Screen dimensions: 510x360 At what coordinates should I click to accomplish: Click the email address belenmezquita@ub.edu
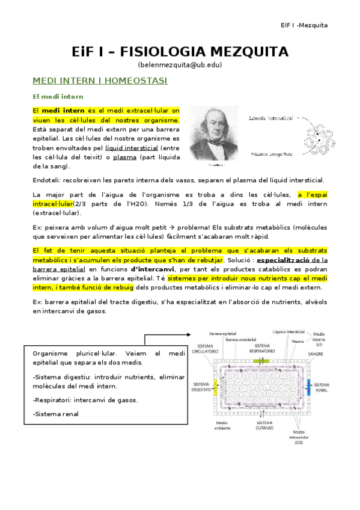tap(180, 64)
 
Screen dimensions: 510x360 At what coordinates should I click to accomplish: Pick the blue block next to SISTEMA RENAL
tap(309, 385)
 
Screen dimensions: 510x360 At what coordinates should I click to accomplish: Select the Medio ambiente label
tap(205, 426)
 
